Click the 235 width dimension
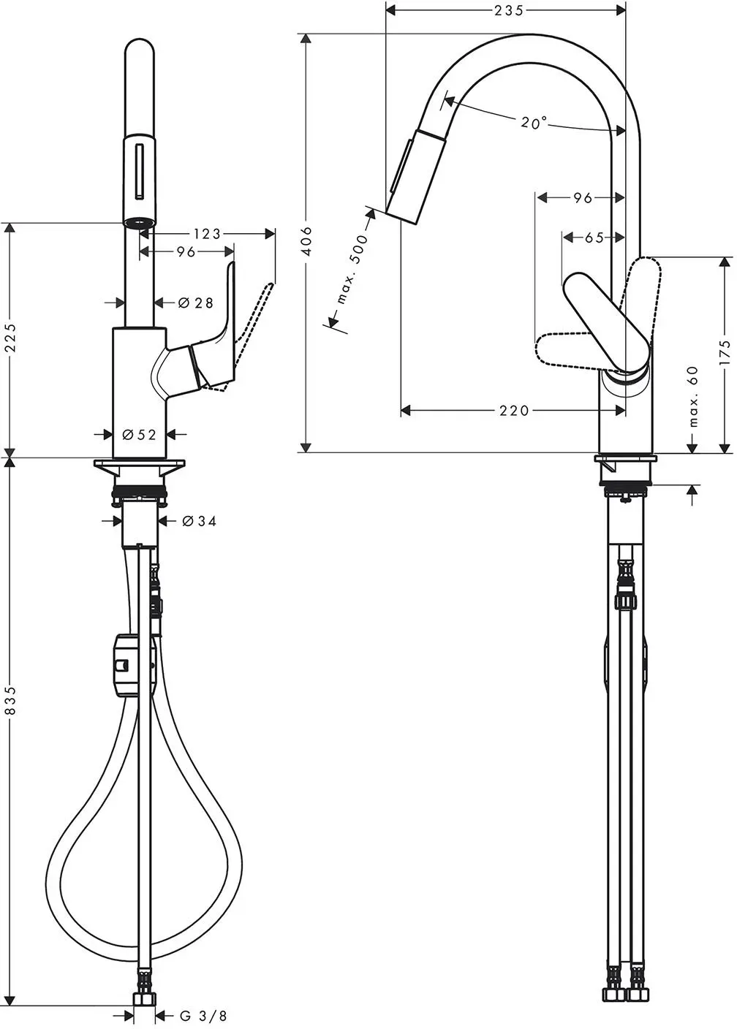pos(509,10)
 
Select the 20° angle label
pos(534,122)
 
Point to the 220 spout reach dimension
pos(514,410)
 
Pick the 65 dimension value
pos(594,238)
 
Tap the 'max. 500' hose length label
pos(353,269)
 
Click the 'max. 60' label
pos(693,396)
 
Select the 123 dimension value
pos(207,234)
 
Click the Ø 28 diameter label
pos(196,303)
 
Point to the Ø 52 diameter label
pos(140,434)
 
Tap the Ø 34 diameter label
pos(199,521)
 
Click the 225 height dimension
pos(10,338)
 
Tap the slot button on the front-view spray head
pos(140,171)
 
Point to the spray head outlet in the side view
pos(401,217)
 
